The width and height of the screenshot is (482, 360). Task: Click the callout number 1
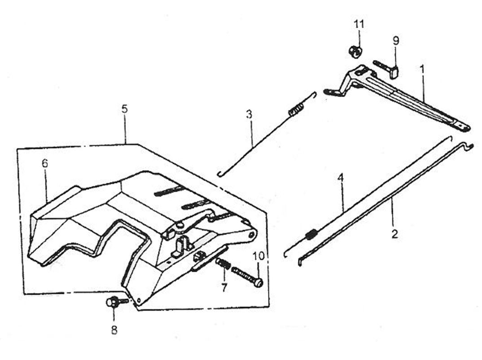(x=422, y=70)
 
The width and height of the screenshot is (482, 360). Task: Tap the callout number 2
(x=394, y=234)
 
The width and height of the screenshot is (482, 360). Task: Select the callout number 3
(x=249, y=114)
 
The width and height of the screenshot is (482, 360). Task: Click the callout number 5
(x=124, y=109)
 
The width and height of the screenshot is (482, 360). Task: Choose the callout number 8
(x=114, y=330)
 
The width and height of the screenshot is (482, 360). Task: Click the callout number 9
(x=395, y=40)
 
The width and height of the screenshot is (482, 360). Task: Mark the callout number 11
(x=359, y=24)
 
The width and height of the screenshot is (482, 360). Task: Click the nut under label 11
(x=355, y=51)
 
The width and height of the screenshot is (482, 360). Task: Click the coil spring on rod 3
(x=294, y=109)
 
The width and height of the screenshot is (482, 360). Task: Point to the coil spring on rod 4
(x=311, y=234)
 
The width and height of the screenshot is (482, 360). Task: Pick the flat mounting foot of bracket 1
(x=331, y=92)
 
